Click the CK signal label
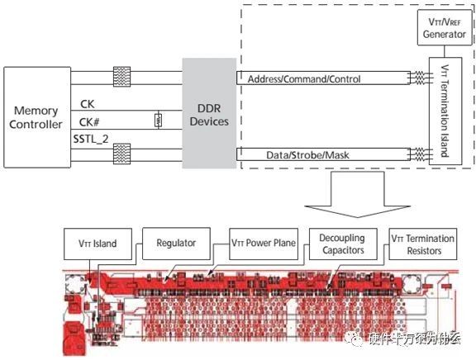tap(87, 104)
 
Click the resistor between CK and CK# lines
tap(157, 120)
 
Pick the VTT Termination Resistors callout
tap(424, 245)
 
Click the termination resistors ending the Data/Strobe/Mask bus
tap(420, 154)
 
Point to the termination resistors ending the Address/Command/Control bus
tap(420, 79)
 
